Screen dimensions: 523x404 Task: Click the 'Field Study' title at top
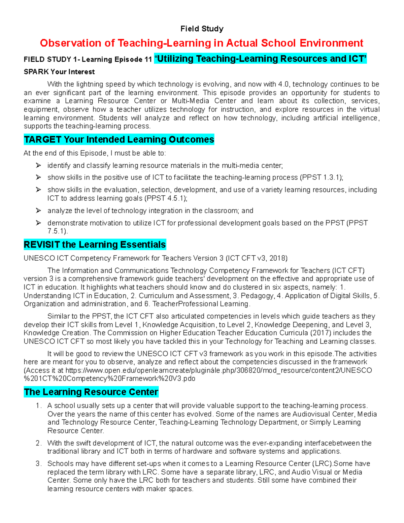202,29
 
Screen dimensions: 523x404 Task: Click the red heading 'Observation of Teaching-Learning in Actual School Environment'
201,43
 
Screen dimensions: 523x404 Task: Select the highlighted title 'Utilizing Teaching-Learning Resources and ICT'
260,59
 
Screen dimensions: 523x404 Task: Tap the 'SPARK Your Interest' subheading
59,72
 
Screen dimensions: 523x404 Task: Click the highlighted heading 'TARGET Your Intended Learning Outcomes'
119,139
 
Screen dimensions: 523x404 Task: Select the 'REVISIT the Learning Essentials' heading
95,244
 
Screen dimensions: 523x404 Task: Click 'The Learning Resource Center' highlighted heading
91,392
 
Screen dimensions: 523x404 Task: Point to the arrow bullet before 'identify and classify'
38,165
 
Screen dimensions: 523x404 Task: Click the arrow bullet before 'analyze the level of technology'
38,210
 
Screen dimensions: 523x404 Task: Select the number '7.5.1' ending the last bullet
57,231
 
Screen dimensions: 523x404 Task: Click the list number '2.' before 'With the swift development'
39,443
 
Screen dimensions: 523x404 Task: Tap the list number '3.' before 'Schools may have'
39,464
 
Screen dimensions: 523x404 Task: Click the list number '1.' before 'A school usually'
39,406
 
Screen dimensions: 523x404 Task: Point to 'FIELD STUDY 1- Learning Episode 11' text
88,60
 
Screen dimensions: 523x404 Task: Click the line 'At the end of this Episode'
95,153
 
